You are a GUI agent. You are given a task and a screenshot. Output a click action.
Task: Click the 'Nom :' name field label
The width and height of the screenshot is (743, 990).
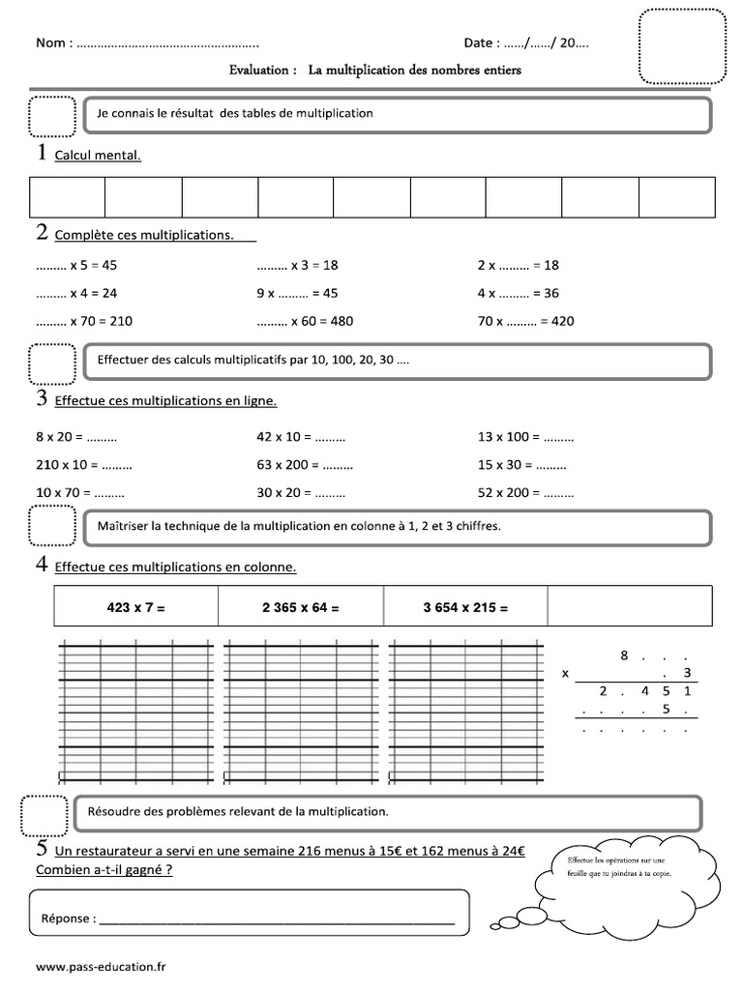(54, 44)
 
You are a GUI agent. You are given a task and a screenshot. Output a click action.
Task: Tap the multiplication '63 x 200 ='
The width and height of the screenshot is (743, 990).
(305, 464)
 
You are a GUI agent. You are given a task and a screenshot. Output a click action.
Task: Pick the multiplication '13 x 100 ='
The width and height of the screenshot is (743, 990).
(525, 436)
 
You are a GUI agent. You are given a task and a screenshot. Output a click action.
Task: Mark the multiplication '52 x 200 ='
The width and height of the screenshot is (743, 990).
(525, 492)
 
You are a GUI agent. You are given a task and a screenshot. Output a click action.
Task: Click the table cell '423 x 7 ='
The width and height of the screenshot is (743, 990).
(136, 608)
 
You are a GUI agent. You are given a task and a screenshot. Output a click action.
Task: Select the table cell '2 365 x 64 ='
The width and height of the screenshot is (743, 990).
(301, 608)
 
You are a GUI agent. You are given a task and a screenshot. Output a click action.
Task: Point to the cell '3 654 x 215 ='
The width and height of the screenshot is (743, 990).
(465, 608)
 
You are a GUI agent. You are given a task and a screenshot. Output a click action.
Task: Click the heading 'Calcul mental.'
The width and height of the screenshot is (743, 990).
(98, 155)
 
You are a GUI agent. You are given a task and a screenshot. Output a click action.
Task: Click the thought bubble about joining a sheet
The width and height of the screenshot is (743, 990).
(629, 875)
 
